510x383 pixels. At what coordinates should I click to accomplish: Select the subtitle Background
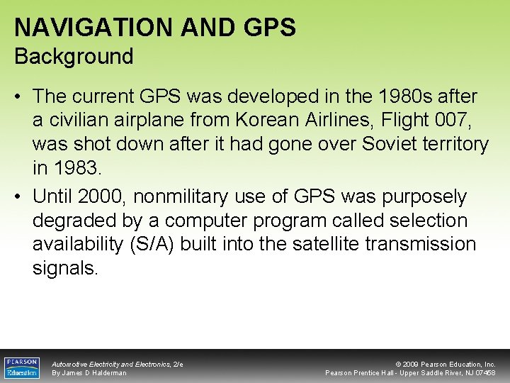[x=74, y=56]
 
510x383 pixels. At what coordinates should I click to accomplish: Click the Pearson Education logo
[x=21, y=367]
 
